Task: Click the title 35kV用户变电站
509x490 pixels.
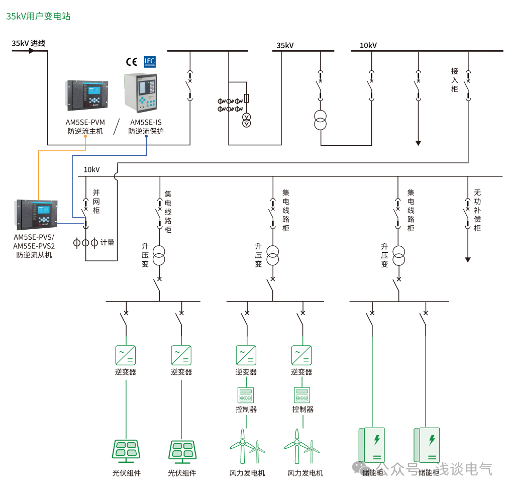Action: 38,16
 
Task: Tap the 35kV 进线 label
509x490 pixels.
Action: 29,43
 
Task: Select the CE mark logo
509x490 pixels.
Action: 132,62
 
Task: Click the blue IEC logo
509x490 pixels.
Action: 150,61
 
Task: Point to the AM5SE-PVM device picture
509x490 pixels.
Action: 87,95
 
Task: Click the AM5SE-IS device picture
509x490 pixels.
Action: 141,93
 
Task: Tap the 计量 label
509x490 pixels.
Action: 108,243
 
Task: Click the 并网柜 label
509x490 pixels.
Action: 96,201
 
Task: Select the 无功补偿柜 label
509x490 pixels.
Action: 477,210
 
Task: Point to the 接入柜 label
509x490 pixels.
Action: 455,80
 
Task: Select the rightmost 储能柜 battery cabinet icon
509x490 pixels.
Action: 427,444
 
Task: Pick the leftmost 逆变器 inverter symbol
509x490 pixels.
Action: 126,355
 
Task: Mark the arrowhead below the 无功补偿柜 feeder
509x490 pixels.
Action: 468,260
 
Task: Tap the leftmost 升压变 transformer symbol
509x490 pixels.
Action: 159,255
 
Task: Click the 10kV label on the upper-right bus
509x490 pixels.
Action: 368,46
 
